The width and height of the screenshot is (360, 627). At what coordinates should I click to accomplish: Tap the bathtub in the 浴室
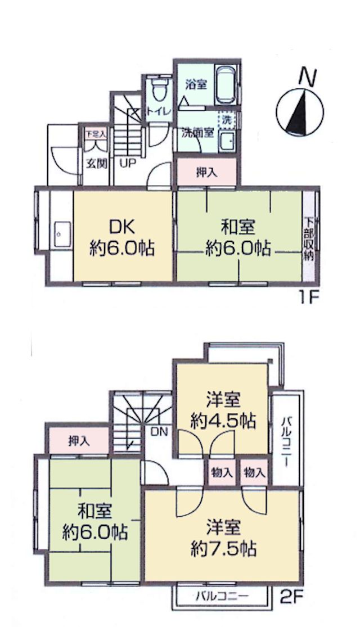pos(227,84)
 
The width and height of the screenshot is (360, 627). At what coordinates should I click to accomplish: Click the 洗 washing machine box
pos(227,119)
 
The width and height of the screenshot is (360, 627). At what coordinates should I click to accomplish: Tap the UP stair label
pos(128,163)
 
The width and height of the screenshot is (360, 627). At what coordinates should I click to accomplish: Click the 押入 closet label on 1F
pos(206,172)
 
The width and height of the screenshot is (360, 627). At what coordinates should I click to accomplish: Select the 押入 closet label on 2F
pos(79,441)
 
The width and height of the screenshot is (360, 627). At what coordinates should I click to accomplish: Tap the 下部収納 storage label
pos(309,239)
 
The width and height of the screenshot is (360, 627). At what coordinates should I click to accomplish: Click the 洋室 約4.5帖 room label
pos(223,410)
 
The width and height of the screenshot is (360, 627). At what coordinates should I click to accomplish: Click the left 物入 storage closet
pos(222,473)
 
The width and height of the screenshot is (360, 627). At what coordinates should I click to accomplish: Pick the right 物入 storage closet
pos(254,473)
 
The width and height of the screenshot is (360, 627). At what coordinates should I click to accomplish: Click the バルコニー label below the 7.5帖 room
pos(222,597)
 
